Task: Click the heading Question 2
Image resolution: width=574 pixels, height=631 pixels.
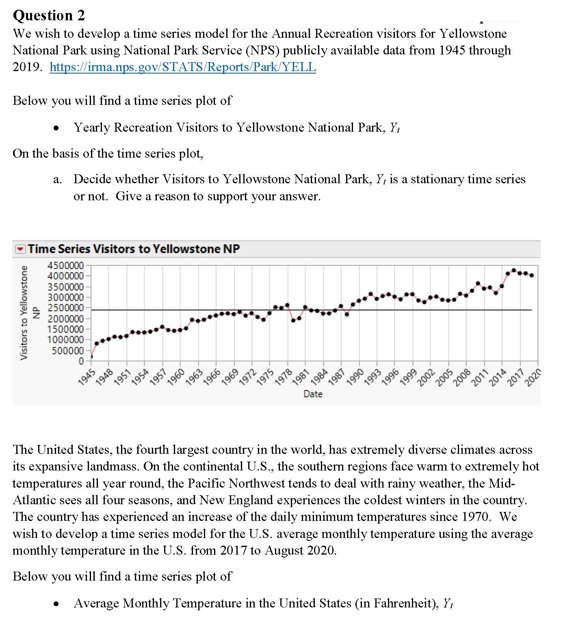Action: [49, 15]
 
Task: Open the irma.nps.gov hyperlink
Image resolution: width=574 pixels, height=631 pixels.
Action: [182, 67]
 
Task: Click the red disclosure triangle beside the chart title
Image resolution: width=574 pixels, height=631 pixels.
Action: [20, 249]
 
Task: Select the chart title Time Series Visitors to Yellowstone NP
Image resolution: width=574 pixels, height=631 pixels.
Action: [134, 249]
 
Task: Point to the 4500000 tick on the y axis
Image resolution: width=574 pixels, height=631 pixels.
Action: [65, 266]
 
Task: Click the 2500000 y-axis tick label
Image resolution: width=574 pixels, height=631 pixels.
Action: [65, 308]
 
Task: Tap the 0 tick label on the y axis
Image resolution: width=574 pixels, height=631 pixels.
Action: [81, 361]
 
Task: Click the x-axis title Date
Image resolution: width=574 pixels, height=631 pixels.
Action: [313, 394]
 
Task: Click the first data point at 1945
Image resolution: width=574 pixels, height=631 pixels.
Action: [91, 357]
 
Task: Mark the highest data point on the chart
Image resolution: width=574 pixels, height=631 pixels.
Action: [514, 270]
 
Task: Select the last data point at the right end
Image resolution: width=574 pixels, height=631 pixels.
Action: [532, 275]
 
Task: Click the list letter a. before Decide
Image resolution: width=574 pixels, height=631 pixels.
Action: [57, 180]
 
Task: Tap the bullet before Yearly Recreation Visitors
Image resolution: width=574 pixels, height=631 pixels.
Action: [57, 128]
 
